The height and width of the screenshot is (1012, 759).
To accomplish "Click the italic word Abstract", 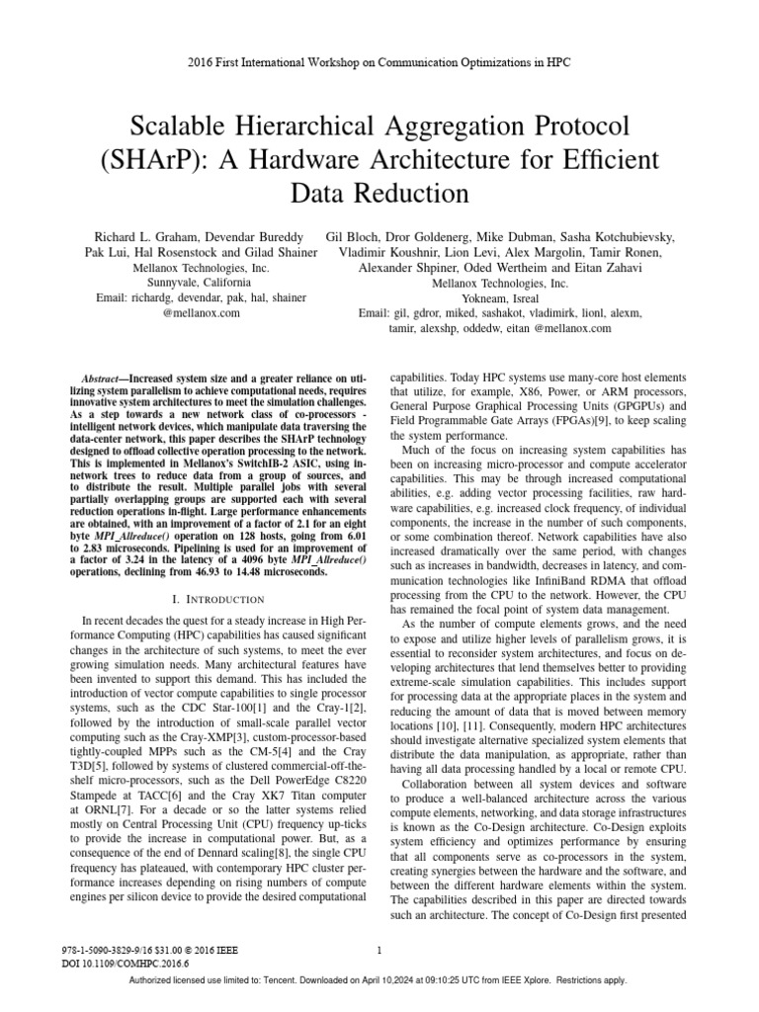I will coord(102,379).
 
